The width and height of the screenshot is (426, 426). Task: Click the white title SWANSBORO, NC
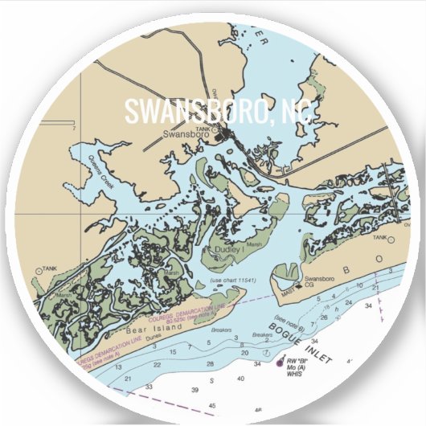[212, 110]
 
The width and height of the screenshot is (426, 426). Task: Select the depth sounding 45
[211, 406]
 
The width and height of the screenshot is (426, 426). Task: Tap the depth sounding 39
[195, 390]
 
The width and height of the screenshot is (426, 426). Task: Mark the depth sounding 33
[148, 387]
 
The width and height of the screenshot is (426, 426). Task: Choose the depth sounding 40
[241, 378]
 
